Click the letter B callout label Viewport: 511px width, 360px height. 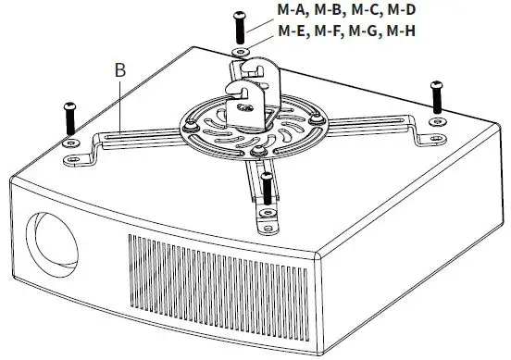coord(119,69)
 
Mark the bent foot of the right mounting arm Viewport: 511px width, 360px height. coord(428,136)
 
